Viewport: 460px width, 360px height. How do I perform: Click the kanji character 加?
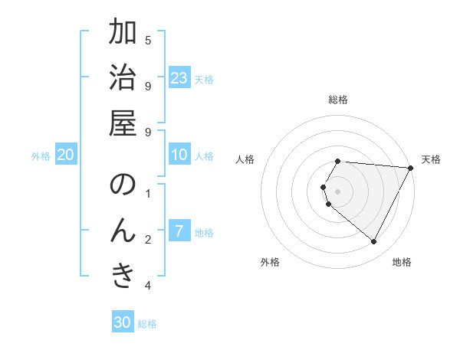click(123, 33)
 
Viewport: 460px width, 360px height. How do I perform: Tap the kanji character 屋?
click(123, 124)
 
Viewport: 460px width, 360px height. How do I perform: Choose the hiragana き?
click(123, 277)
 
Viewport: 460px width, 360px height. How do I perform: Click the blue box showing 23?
click(179, 77)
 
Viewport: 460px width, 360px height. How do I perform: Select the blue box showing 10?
click(179, 155)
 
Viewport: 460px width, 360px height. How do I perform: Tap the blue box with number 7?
click(179, 231)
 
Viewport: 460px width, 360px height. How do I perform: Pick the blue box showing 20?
click(66, 155)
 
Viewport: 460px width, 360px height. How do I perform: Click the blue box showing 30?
click(123, 322)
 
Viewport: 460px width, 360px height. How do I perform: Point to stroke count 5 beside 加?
click(148, 41)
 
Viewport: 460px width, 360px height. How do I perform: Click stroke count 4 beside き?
click(148, 286)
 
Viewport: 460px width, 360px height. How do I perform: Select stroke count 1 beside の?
click(148, 194)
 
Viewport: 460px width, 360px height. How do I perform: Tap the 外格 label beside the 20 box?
click(41, 156)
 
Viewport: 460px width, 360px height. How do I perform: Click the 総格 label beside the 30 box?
click(147, 324)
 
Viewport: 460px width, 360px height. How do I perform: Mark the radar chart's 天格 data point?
click(411, 168)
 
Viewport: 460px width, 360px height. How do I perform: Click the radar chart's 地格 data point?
click(374, 242)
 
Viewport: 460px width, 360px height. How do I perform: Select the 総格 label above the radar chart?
click(338, 100)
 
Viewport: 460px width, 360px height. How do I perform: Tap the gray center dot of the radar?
click(338, 191)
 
